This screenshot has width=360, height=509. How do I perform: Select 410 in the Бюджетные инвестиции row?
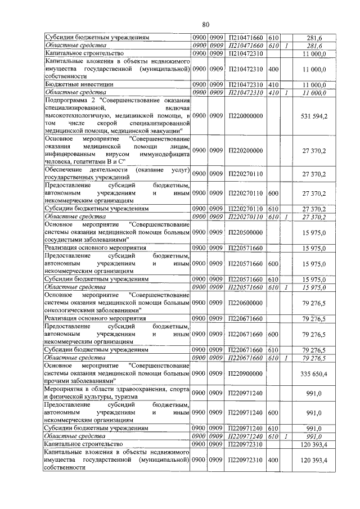click(x=274, y=84)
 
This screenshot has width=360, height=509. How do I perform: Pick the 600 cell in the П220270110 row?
click(x=274, y=193)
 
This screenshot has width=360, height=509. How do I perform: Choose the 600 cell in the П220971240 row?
click(x=274, y=413)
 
